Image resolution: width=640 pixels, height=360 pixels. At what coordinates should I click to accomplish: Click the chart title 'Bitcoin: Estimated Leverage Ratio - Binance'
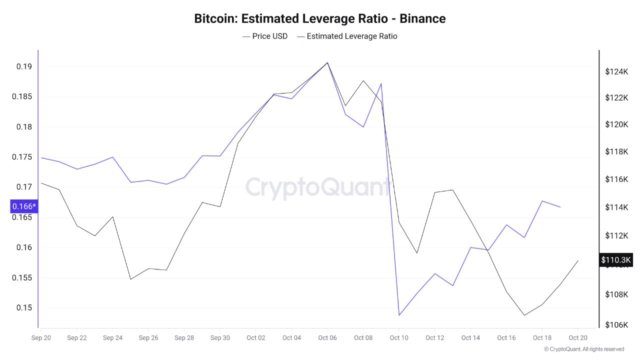pos(320,19)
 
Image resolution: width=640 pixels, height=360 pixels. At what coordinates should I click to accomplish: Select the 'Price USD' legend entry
pos(265,36)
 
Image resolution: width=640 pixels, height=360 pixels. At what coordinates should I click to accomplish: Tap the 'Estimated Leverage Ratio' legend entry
pos(347,36)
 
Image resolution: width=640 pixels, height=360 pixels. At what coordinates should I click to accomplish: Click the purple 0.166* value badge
pos(24,206)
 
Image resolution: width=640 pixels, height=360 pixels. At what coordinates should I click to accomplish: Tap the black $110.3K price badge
pos(616,260)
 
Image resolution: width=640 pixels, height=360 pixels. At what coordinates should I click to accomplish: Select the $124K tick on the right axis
pos(616,72)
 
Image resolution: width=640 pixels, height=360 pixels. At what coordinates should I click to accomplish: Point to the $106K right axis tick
pos(616,325)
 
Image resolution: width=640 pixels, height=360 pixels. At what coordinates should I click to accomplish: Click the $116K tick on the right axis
pos(616,179)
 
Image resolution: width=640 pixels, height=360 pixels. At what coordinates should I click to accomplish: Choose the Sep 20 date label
pos(40,338)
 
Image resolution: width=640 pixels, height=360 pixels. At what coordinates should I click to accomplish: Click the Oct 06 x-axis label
pos(327,338)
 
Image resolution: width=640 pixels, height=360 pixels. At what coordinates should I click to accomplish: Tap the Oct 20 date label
pos(577,338)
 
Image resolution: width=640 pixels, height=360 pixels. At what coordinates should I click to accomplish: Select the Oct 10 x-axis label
pos(398,338)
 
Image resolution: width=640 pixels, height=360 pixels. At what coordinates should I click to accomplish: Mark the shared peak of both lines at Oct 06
pos(327,62)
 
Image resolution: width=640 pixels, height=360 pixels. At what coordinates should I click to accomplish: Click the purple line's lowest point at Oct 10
pos(399,315)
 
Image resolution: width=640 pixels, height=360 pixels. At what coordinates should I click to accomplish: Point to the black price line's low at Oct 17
pos(524,315)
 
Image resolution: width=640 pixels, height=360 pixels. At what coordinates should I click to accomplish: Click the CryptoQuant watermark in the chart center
pos(318,187)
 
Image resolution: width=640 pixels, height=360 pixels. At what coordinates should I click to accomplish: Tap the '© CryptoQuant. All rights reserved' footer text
pos(583,349)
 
